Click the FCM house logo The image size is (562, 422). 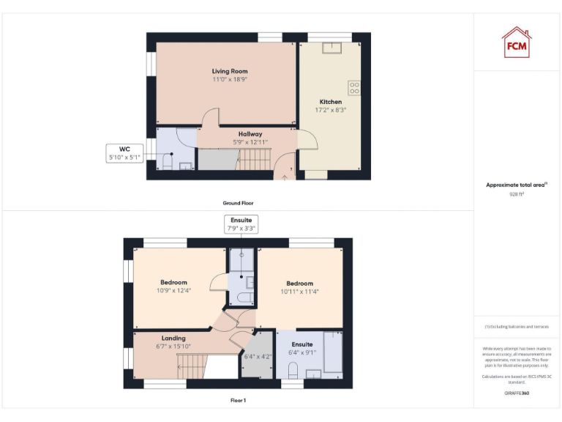[x=517, y=42]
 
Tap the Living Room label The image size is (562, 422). [x=230, y=71]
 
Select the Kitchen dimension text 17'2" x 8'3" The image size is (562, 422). [x=330, y=110]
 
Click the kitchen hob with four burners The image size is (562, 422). [x=355, y=88]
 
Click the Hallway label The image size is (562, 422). [x=250, y=134]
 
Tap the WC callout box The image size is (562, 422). [x=124, y=152]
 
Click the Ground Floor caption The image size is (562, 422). [x=238, y=203]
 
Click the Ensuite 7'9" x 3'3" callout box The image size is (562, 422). [x=241, y=223]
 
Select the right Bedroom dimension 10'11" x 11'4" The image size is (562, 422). [x=300, y=292]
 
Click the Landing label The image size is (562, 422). [x=173, y=338]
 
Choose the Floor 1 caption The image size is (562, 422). [x=238, y=401]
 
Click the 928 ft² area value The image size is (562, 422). [x=517, y=195]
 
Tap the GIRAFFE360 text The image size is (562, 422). [x=517, y=393]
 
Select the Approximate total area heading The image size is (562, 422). [x=517, y=185]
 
